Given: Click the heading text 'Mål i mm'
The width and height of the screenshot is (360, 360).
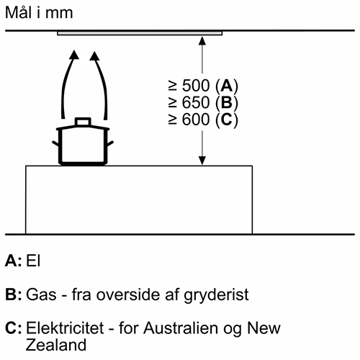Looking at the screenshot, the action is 39,12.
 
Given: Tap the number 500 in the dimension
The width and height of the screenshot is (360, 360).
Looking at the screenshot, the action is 196,86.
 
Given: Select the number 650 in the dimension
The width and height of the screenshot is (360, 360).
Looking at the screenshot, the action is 196,102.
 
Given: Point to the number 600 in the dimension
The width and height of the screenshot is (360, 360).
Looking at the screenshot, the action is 196,120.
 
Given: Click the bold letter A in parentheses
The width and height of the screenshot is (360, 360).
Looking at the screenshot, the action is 227,86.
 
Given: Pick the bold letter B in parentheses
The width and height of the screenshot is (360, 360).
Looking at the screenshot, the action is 227,102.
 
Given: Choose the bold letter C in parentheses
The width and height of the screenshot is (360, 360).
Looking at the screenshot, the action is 227,120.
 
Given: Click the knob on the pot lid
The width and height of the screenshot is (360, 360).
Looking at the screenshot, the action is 83,122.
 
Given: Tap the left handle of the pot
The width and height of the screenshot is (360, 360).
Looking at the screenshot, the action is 55,143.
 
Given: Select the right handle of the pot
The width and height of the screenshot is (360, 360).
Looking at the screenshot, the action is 110,143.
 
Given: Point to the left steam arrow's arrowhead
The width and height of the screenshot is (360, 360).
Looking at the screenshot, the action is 74,55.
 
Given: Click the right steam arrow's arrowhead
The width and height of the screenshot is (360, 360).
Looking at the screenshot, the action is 94,56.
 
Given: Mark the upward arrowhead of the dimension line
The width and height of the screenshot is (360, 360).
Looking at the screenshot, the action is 202,41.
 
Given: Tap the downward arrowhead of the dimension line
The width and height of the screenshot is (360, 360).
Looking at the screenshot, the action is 202,161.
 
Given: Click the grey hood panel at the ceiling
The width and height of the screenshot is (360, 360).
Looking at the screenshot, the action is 140,33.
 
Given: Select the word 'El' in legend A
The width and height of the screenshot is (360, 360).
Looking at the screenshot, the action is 33,261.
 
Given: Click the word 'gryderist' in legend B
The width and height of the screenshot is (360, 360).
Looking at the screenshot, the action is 216,295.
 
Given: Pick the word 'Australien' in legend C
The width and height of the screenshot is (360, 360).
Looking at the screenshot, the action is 181,328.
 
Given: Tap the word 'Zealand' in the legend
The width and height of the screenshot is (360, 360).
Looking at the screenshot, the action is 56,345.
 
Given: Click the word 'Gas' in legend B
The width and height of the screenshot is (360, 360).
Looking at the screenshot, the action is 41,294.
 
